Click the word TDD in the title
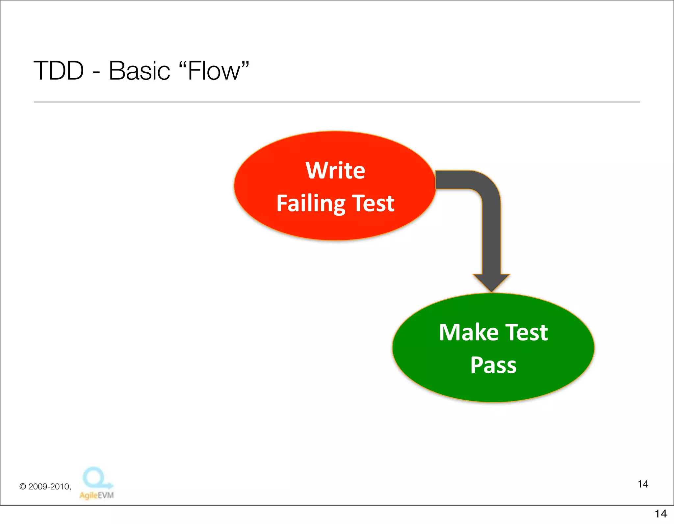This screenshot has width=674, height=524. click(x=59, y=71)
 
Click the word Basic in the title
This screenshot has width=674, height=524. click(x=139, y=71)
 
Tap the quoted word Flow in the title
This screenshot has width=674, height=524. click(x=214, y=71)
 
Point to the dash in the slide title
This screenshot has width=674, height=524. click(x=96, y=72)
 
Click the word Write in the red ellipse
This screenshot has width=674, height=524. click(x=335, y=170)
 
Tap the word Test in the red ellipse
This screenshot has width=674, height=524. click(x=373, y=203)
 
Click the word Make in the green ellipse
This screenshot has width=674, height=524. click(x=469, y=332)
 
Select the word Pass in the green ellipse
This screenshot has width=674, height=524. click(x=493, y=365)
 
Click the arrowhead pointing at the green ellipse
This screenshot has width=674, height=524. click(x=491, y=282)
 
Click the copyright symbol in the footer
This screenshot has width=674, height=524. click(x=23, y=487)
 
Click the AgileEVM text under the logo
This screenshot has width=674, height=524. click(x=96, y=495)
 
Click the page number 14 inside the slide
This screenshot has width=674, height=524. click(x=643, y=484)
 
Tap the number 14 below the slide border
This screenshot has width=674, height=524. click(x=661, y=513)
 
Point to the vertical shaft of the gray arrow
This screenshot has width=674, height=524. click(x=491, y=237)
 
